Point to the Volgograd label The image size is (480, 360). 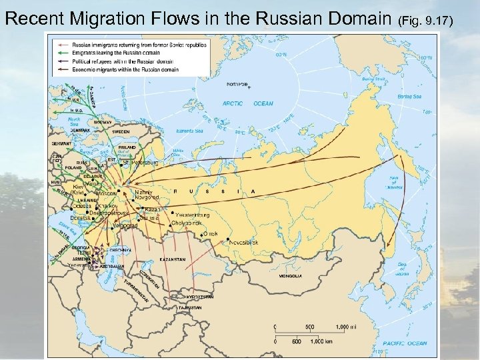126,225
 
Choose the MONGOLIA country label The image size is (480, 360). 291,275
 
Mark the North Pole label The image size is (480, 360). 237,85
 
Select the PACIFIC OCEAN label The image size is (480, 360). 404,343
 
